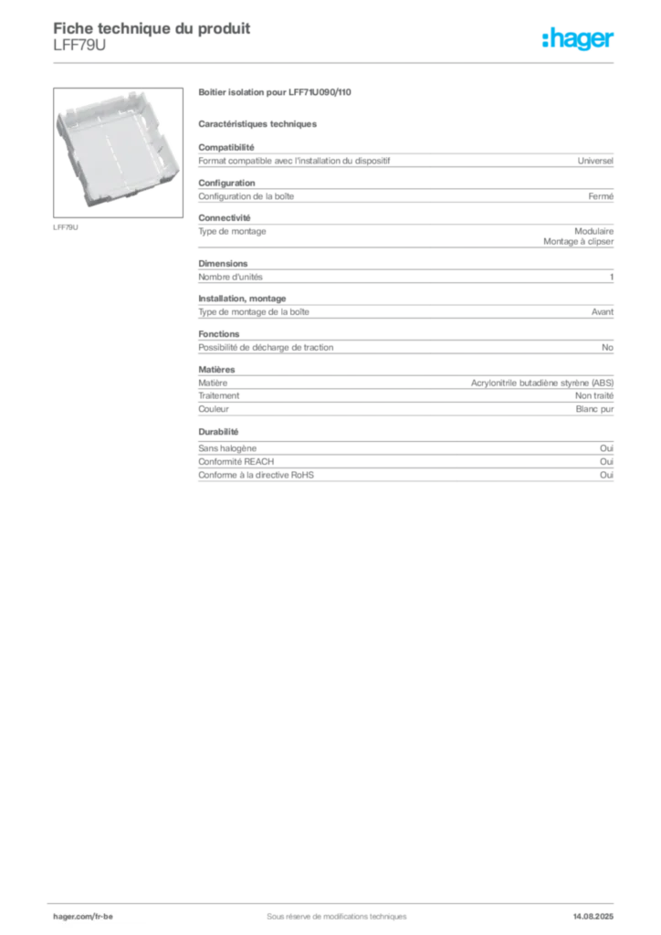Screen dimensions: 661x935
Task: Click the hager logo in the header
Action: (x=577, y=38)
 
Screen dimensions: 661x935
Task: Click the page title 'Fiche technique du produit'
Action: (x=152, y=28)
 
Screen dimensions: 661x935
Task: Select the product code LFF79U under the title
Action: (x=79, y=46)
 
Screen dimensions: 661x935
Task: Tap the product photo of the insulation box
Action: (x=118, y=152)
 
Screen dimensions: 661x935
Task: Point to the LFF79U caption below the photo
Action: (x=66, y=227)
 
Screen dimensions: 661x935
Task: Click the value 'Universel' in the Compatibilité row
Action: (x=595, y=161)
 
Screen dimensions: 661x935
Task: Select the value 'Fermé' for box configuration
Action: (x=600, y=196)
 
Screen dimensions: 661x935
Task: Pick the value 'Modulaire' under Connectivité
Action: (x=593, y=231)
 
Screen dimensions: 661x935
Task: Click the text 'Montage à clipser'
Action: (x=578, y=241)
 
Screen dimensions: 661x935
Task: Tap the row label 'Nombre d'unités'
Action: (x=230, y=277)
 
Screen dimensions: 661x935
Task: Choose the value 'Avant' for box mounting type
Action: (x=602, y=312)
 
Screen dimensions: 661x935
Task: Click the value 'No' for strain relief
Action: (x=607, y=347)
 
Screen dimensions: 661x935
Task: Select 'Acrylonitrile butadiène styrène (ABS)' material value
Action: (x=541, y=383)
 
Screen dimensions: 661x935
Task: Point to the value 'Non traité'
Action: (x=593, y=395)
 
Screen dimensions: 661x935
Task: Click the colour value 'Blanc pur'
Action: (x=594, y=409)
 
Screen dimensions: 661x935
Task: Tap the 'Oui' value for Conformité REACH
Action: (x=606, y=461)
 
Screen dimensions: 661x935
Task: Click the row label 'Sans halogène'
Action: (x=227, y=448)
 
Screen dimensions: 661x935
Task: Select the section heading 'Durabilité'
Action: (x=218, y=432)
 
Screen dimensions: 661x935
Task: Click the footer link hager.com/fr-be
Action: (x=83, y=917)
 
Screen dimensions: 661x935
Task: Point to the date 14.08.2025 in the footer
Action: (x=593, y=917)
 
